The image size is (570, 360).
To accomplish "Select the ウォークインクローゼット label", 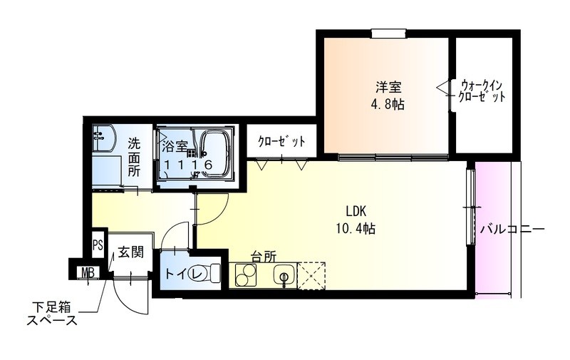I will pos(482,90).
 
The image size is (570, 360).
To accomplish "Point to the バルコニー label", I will pos(512,230).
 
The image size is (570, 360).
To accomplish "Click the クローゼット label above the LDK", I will pos(281,141).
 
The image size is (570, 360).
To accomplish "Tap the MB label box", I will pos(87,272).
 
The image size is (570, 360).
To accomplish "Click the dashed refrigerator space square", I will pos(311,274).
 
